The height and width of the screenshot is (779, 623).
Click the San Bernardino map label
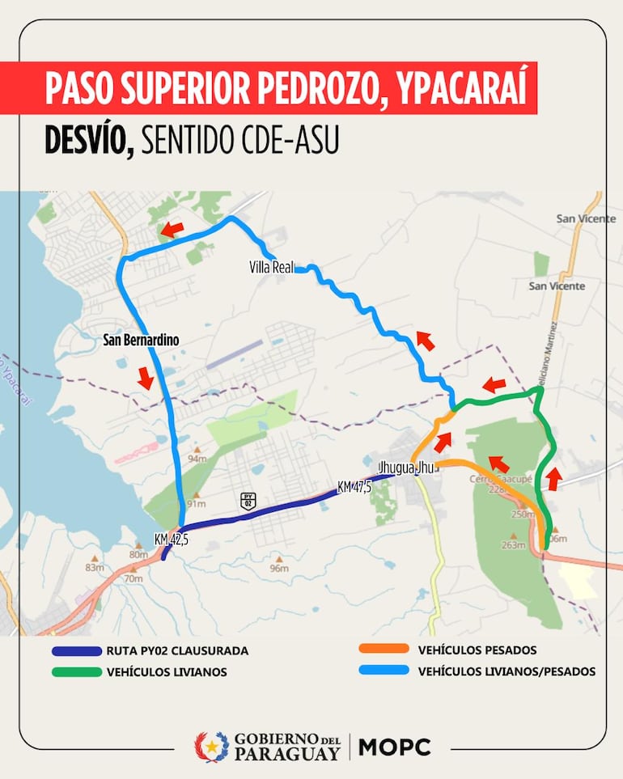pyautogui.click(x=141, y=341)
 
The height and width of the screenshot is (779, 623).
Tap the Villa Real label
pyautogui.click(x=272, y=266)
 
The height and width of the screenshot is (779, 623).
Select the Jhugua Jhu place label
pyautogui.click(x=406, y=468)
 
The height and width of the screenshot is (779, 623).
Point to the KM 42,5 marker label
pyautogui.click(x=171, y=540)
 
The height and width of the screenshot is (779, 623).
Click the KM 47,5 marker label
pyautogui.click(x=354, y=486)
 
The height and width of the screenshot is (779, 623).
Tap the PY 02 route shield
pyautogui.click(x=248, y=501)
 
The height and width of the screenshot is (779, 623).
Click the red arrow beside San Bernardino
pyautogui.click(x=146, y=377)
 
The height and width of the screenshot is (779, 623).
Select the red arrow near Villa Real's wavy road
pyautogui.click(x=425, y=341)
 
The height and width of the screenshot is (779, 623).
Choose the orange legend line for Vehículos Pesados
pyautogui.click(x=386, y=650)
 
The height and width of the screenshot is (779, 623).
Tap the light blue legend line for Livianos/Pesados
pyautogui.click(x=386, y=671)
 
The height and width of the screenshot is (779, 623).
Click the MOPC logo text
pyautogui.click(x=394, y=747)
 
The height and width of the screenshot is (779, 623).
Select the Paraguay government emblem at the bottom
pyautogui.click(x=211, y=747)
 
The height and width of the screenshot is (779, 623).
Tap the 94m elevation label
pyautogui.click(x=197, y=459)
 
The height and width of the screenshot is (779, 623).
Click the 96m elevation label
pyautogui.click(x=279, y=568)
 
